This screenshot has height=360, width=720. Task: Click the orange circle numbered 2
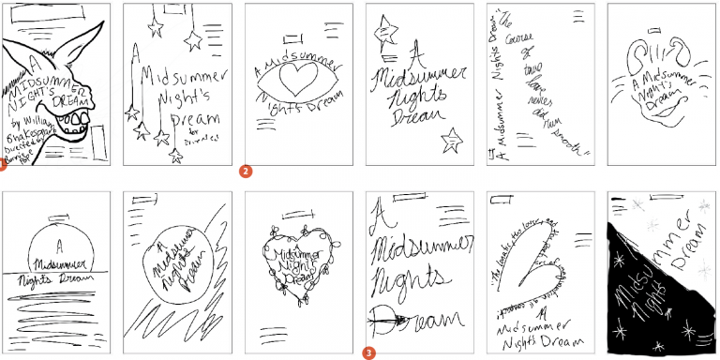point(246,171)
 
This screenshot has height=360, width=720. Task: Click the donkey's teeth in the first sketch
point(72,116)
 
